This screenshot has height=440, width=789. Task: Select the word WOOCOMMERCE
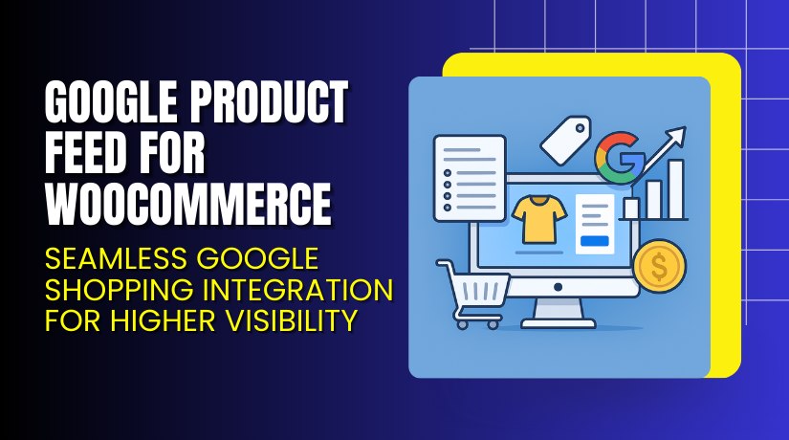pyautogui.click(x=188, y=203)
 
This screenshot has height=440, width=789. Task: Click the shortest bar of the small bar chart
pyautogui.click(x=631, y=209)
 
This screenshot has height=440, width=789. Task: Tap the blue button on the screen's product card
pyautogui.click(x=595, y=240)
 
